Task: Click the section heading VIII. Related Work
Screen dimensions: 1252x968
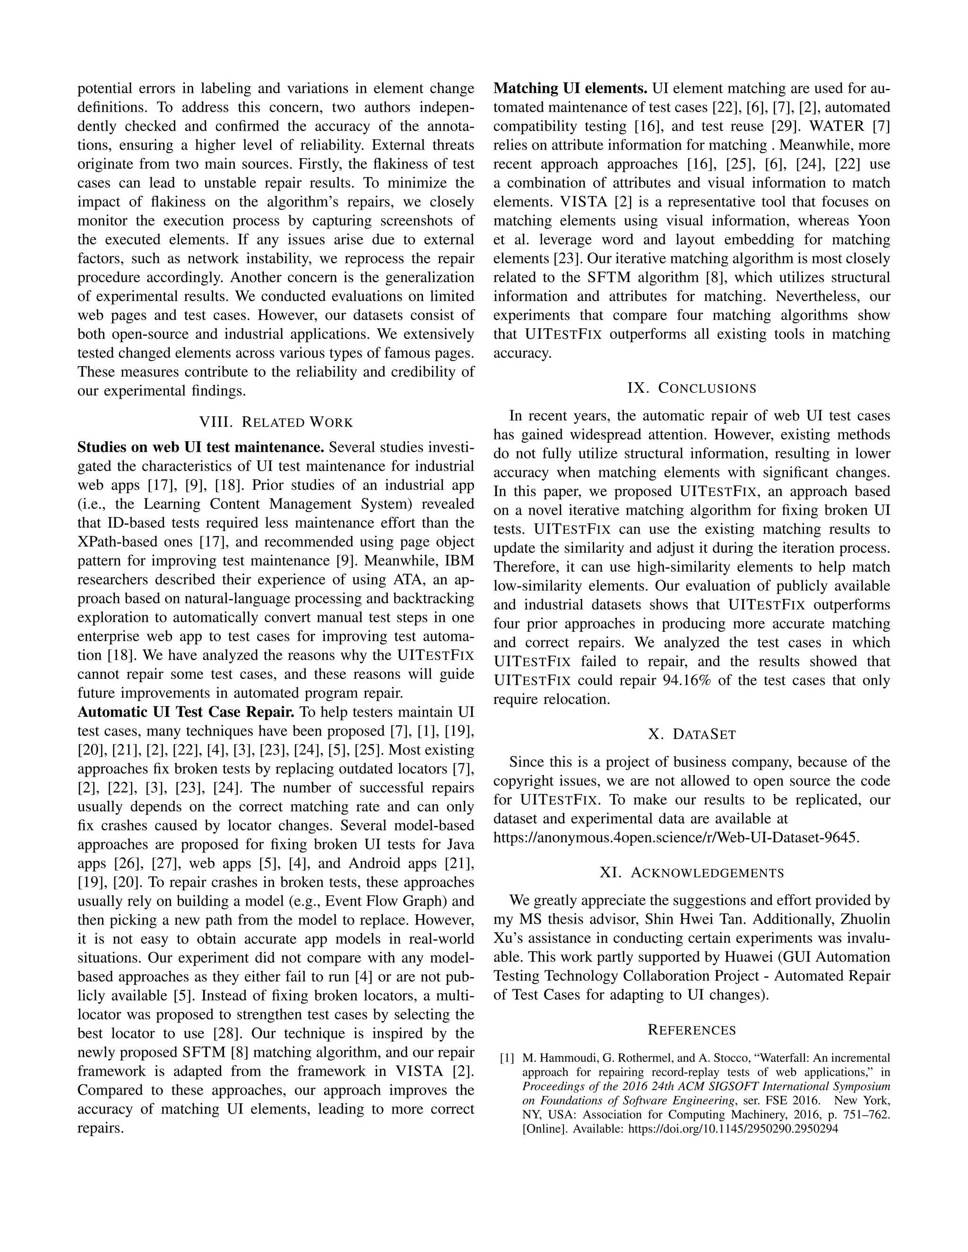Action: click(276, 422)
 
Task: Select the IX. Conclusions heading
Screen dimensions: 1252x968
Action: click(691, 388)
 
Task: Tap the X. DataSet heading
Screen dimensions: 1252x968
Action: click(691, 734)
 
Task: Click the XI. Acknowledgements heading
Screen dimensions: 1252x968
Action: click(691, 873)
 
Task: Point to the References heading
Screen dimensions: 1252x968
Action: click(691, 1030)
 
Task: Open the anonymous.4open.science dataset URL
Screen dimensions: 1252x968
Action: click(676, 838)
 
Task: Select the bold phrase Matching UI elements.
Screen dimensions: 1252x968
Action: click(570, 89)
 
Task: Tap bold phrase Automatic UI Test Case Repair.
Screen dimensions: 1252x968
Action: click(186, 712)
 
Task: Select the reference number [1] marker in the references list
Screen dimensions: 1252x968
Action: click(507, 1058)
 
